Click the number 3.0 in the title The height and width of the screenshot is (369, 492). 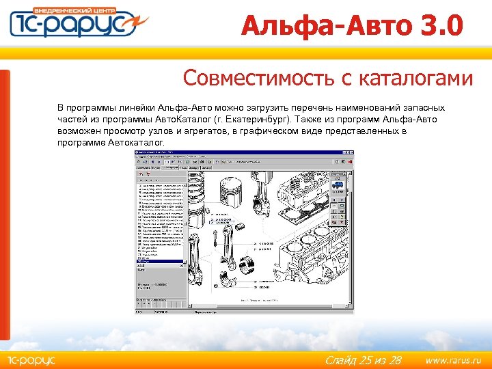pyautogui.click(x=438, y=26)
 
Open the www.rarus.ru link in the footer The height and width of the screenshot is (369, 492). pyautogui.click(x=453, y=359)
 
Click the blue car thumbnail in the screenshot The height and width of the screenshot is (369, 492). pyautogui.click(x=338, y=184)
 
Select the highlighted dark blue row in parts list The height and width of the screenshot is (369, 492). pyautogui.click(x=161, y=262)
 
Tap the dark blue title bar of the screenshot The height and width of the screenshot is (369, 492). pyautogui.click(x=242, y=156)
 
